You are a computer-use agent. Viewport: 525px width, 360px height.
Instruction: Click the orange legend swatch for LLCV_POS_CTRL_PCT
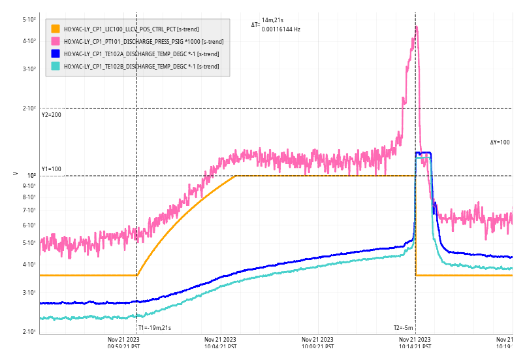pos(56,29)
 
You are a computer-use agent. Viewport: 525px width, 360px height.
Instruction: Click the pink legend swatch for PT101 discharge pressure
pos(56,41)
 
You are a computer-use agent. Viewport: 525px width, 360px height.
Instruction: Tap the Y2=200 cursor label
pos(52,115)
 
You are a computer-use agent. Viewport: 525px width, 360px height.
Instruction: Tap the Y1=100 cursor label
pos(52,169)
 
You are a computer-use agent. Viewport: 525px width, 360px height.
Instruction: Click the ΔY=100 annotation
pos(500,142)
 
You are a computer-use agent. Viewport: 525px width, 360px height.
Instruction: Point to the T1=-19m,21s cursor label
pos(155,327)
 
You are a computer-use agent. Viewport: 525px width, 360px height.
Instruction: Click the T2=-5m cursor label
pos(404,327)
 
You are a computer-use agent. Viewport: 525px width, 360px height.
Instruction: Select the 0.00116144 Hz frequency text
pos(281,29)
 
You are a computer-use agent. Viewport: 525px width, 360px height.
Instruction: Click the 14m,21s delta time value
pos(273,21)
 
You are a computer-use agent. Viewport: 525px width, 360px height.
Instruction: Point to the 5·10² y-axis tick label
pos(29,20)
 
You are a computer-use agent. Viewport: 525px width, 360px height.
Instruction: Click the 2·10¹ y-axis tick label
pos(29,332)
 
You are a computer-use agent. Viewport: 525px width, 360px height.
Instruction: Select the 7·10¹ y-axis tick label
pos(29,210)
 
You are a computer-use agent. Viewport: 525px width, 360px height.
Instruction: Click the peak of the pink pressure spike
pos(416,27)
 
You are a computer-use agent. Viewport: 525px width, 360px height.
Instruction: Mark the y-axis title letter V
pos(16,173)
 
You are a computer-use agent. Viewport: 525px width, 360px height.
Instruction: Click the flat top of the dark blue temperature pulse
pos(423,153)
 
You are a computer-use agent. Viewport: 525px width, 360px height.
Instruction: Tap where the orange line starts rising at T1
pos(136,275)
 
